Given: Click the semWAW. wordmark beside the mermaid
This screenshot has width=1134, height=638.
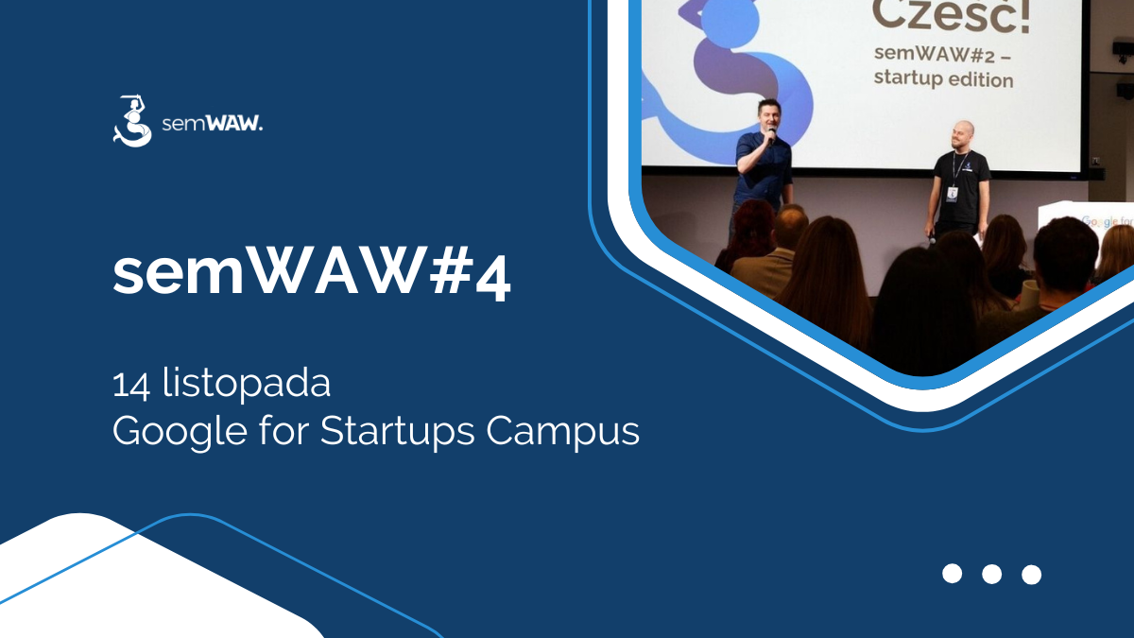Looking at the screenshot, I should click(213, 124).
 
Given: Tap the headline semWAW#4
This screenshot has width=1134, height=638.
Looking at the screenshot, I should click(312, 275).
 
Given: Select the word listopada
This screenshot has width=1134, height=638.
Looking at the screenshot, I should click(247, 387).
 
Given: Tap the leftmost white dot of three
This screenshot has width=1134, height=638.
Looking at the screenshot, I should click(952, 574).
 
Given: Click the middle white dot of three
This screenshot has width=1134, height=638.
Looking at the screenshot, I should click(991, 574).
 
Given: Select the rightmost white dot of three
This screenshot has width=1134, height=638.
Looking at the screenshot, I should click(1031, 574).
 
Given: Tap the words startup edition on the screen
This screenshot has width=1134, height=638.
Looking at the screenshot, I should click(942, 79).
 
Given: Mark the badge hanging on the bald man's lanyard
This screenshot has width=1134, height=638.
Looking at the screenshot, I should click(952, 193).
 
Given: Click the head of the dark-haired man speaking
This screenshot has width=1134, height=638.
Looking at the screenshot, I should click(766, 113).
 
